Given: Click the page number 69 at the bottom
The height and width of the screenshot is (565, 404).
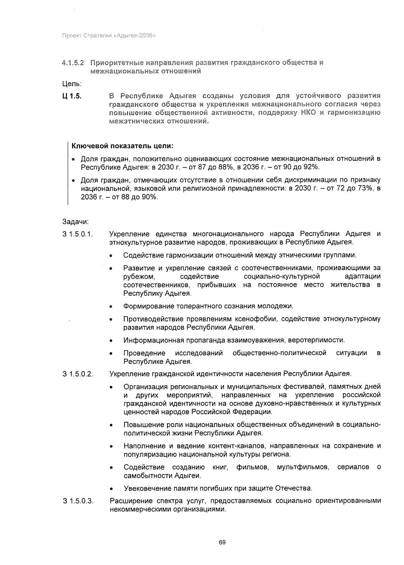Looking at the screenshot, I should pyautogui.click(x=222, y=542).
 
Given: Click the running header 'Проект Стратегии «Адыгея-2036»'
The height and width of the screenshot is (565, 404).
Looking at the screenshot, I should pyautogui.click(x=108, y=36).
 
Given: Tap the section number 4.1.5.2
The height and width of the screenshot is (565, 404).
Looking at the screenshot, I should pyautogui.click(x=73, y=63).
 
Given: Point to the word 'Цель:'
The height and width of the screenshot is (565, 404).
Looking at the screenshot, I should pyautogui.click(x=72, y=83).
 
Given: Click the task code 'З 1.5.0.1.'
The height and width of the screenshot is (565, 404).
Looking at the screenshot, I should pyautogui.click(x=78, y=234).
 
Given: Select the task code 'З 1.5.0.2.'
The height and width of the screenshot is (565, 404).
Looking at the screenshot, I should pyautogui.click(x=78, y=374).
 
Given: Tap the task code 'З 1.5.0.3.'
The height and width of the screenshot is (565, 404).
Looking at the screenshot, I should pyautogui.click(x=78, y=501).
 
